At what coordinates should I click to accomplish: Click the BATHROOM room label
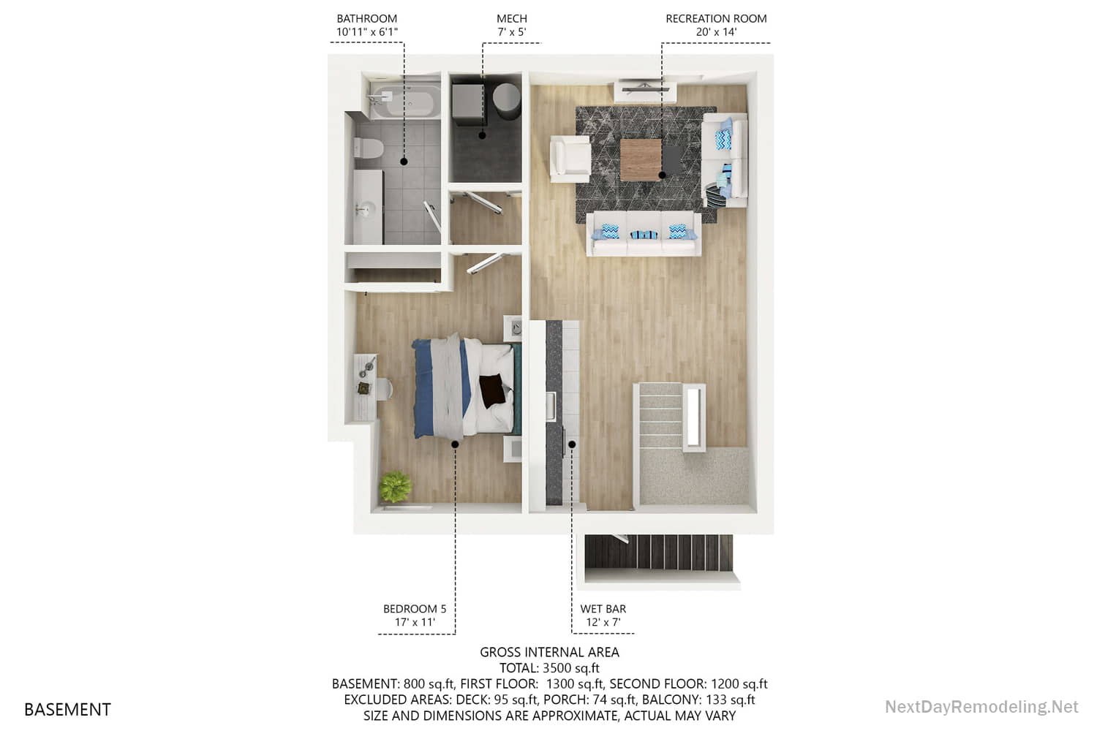coord(366,18)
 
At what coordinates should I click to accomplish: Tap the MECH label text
coord(511,18)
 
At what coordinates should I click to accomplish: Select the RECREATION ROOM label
coord(715,18)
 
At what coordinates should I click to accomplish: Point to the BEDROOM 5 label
coord(414,608)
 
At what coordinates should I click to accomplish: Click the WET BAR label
coord(603,608)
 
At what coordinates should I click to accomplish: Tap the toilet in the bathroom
coord(368,148)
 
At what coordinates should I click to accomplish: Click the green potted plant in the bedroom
coord(396,485)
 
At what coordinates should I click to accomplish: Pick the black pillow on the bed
coord(493,389)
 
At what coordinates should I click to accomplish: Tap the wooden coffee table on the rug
coord(641,160)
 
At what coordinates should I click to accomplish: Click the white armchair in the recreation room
coord(570,158)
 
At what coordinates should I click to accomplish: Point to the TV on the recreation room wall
coord(643,86)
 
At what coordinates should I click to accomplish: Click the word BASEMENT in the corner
coord(67,709)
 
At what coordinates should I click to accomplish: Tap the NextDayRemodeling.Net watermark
coord(981,707)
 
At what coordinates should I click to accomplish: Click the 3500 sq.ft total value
coord(570,667)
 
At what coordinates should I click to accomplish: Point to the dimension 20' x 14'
coord(715,32)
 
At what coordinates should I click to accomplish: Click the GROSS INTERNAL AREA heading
coord(549,651)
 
